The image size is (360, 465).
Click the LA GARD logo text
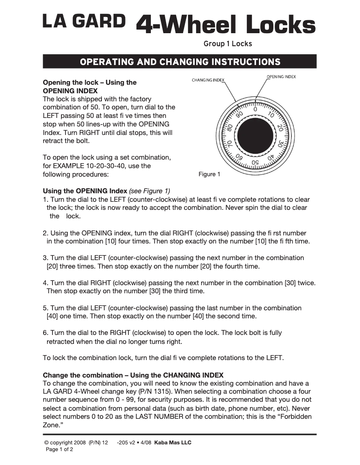(x=83, y=21)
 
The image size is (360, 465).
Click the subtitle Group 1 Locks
(x=228, y=44)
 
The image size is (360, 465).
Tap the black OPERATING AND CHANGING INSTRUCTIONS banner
(x=180, y=61)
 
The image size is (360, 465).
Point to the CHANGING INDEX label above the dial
(x=208, y=80)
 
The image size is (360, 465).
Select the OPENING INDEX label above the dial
(x=281, y=77)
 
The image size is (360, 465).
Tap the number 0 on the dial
(x=255, y=109)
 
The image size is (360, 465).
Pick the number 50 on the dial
(x=255, y=162)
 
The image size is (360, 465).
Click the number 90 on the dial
(x=239, y=114)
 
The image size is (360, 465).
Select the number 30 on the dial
(x=280, y=145)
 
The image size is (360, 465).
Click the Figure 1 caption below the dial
(x=209, y=174)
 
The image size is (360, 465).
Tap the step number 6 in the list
(x=45, y=333)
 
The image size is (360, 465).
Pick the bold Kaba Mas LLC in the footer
(x=173, y=443)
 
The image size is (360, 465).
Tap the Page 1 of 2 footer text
(x=60, y=449)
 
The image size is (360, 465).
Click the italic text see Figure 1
(x=149, y=191)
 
